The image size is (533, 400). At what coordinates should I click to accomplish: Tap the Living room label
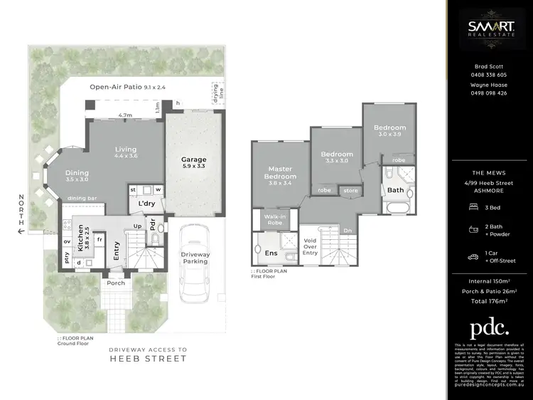126,150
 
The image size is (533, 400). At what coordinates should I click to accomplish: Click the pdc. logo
490,329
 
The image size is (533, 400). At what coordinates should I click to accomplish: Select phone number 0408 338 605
490,75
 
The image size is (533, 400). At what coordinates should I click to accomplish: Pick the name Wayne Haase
490,85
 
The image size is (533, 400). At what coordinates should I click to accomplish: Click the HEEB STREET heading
149,359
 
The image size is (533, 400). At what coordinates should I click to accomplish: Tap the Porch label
116,283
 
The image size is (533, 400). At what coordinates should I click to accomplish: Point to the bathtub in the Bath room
395,209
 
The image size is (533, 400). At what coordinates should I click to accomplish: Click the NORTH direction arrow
21,231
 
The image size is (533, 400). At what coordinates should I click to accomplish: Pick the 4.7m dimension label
125,115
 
